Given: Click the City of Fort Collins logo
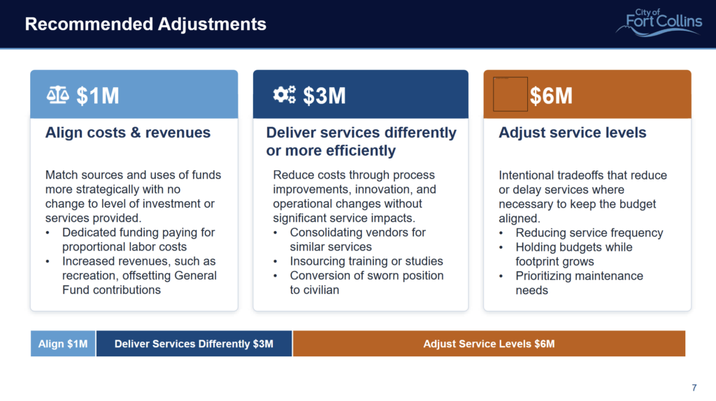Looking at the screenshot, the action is (659, 22).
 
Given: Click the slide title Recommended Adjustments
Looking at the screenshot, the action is (145, 24).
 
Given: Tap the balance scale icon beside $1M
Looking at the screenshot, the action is (57, 95).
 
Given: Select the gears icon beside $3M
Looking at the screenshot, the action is (284, 95).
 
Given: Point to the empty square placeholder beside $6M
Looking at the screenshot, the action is (510, 94).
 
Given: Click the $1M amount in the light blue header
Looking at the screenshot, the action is (98, 96).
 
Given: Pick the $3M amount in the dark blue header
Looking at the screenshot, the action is (324, 96).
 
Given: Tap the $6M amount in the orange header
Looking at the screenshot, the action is (551, 96).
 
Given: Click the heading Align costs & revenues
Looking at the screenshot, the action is (128, 133).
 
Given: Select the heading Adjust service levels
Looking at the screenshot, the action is (573, 133).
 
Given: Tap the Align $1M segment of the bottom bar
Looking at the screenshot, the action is (63, 344).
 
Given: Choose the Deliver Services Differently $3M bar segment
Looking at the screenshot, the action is (194, 344).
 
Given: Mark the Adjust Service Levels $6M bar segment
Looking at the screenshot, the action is (489, 344).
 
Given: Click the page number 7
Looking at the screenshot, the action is (694, 388).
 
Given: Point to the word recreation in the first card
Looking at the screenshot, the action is (89, 275).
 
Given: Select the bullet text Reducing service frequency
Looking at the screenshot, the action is (589, 233).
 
